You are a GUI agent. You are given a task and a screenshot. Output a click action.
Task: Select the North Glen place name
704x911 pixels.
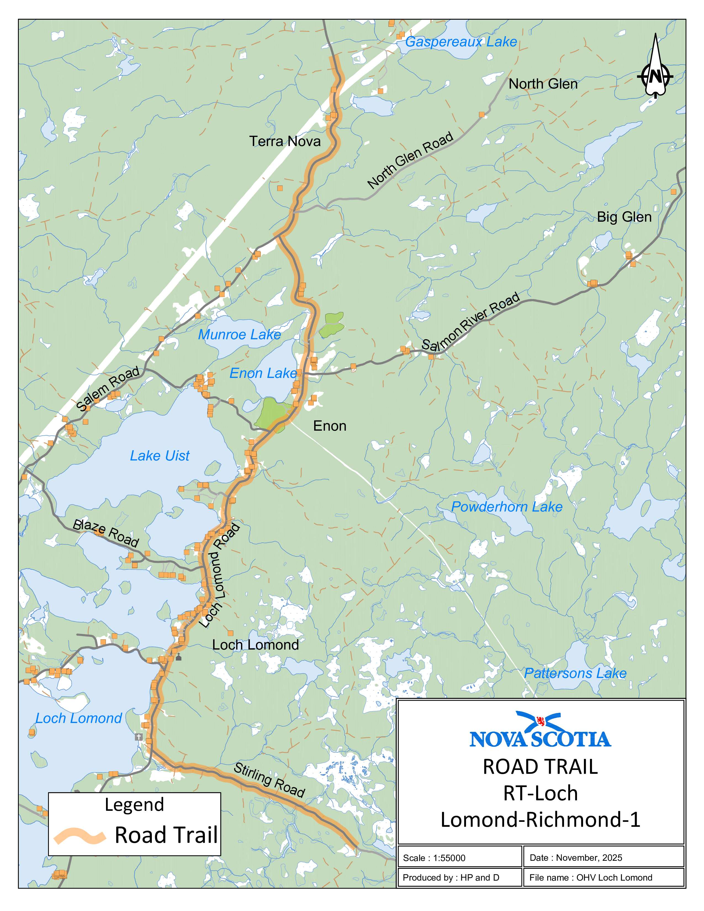543,84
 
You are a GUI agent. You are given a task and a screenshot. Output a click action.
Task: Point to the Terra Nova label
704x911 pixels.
285,141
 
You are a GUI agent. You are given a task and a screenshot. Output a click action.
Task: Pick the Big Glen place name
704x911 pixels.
624,217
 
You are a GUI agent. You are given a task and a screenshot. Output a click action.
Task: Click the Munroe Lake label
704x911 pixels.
239,335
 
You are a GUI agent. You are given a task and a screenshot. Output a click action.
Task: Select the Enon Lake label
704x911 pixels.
263,373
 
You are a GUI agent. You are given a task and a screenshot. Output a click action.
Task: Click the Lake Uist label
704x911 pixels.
160,456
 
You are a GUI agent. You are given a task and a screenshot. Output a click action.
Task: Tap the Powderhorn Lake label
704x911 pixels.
507,507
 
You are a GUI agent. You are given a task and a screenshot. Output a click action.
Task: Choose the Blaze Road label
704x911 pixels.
105,533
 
